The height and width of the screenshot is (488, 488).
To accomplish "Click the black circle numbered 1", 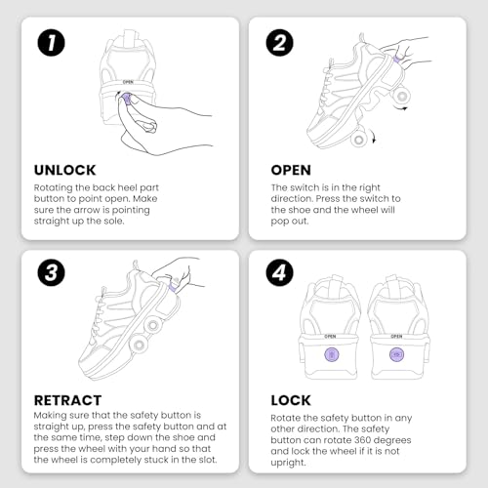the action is click(51, 43).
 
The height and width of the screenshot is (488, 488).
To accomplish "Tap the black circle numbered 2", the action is click(279, 43).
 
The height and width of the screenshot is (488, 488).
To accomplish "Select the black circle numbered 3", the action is click(51, 272).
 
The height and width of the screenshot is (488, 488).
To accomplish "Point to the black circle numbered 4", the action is click(279, 272).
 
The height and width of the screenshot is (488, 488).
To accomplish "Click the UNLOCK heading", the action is click(65, 170).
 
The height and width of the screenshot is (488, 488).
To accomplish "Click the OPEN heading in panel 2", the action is click(291, 170).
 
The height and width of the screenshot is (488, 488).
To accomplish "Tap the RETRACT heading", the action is click(67, 400).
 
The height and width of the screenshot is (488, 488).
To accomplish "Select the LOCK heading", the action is click(291, 400).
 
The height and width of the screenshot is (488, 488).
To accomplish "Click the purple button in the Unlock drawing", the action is click(127, 99).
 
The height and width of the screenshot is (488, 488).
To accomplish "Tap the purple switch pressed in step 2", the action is click(397, 59).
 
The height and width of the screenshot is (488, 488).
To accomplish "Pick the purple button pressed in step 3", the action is click(174, 287).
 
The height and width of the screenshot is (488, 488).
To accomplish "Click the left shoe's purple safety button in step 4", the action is click(332, 354).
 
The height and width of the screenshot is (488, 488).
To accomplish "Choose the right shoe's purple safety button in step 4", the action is click(396, 354).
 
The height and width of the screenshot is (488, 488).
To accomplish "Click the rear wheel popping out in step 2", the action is click(402, 96).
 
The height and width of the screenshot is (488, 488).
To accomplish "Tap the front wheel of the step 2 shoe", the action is click(359, 140).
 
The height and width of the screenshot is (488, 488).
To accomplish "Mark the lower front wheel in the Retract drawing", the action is click(139, 346).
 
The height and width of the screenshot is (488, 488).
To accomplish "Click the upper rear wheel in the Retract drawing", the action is click(152, 325).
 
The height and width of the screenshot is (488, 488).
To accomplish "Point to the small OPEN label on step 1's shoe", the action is click(128, 82).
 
